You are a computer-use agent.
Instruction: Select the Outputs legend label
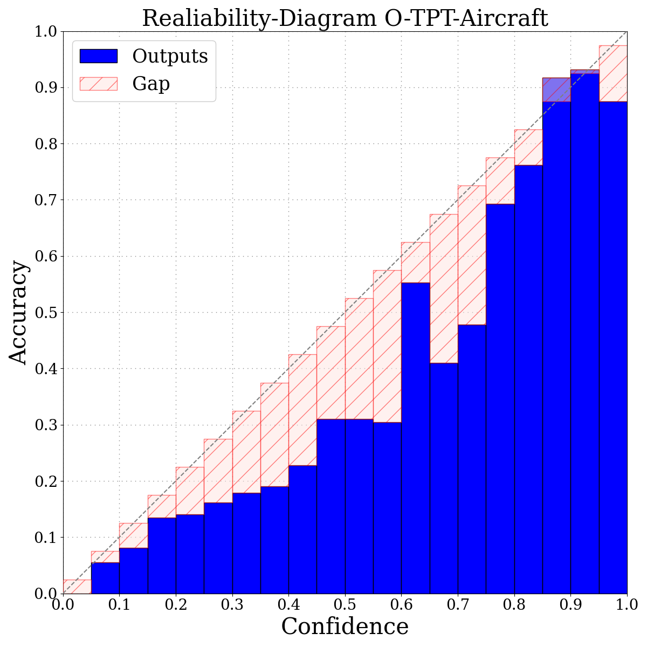point(170,56)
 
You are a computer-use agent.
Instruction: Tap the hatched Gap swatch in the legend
point(98,84)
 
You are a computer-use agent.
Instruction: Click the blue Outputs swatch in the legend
point(98,56)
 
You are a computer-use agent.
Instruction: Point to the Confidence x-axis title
point(345,627)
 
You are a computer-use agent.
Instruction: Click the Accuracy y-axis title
point(18,313)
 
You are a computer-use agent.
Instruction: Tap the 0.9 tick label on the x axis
point(570,603)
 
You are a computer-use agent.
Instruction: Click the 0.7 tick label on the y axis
point(46,200)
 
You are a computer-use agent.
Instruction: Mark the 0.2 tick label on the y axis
point(46,481)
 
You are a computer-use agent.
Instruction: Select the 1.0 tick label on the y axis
point(46,31)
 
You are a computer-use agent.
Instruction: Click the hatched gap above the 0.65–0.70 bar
point(444,288)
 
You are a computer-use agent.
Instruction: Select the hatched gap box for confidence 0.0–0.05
point(77,587)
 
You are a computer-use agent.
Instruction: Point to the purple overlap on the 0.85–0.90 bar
point(556,90)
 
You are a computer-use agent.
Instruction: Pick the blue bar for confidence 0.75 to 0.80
point(500,399)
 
